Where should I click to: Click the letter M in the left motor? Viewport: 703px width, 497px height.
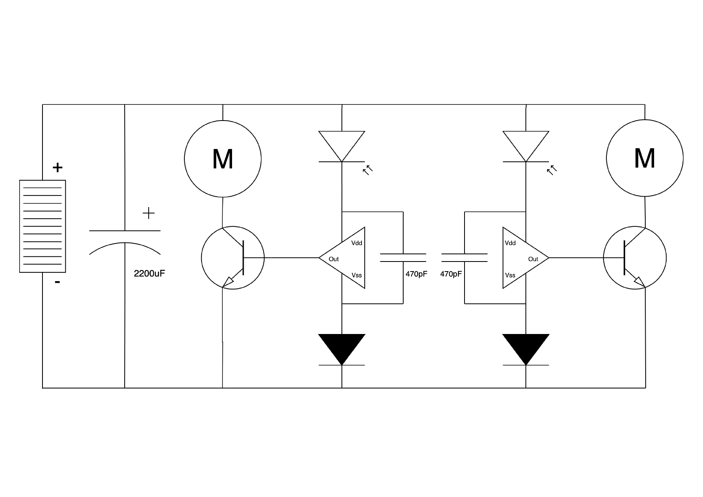[x=223, y=159]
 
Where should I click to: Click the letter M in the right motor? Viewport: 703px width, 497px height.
[x=644, y=159]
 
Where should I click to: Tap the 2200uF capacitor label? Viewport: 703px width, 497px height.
[x=149, y=274]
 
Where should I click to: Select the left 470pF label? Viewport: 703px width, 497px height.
[x=416, y=274]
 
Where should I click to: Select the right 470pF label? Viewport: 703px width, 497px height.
[x=451, y=274]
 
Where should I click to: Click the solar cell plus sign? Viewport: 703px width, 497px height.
[x=58, y=167]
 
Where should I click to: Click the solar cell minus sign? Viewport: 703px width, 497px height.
[x=58, y=282]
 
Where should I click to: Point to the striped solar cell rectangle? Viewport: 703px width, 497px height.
[x=42, y=226]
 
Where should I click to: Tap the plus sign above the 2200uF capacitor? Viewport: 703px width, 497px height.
[x=149, y=213]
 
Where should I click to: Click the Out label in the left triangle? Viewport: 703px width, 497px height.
[x=334, y=259]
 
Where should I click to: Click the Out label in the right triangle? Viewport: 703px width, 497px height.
[x=533, y=259]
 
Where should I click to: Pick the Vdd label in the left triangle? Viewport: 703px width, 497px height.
[x=357, y=243]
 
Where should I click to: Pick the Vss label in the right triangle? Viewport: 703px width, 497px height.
[x=510, y=275]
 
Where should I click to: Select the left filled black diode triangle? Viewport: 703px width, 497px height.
[x=342, y=346]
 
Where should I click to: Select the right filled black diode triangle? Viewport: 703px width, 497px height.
[x=526, y=346]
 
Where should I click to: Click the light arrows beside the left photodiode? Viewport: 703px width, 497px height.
[x=368, y=170]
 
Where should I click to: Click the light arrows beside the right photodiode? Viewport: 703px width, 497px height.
[x=552, y=170]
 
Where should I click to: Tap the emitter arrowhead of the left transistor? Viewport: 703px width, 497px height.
[x=229, y=282]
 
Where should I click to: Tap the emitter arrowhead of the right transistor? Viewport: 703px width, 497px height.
[x=639, y=282]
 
